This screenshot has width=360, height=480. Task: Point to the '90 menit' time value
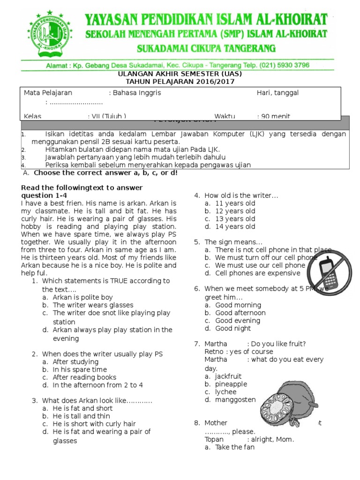point(280,116)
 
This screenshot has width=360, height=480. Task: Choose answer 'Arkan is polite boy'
point(82,297)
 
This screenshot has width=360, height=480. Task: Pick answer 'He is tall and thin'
point(82,416)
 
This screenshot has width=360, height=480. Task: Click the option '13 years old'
point(235,219)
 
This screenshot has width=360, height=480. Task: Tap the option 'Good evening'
point(237,321)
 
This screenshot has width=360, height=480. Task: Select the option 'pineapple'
point(231,384)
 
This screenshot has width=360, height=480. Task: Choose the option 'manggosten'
point(235,400)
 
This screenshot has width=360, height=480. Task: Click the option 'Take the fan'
point(234,447)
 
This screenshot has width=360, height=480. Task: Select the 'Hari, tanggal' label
point(277,93)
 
